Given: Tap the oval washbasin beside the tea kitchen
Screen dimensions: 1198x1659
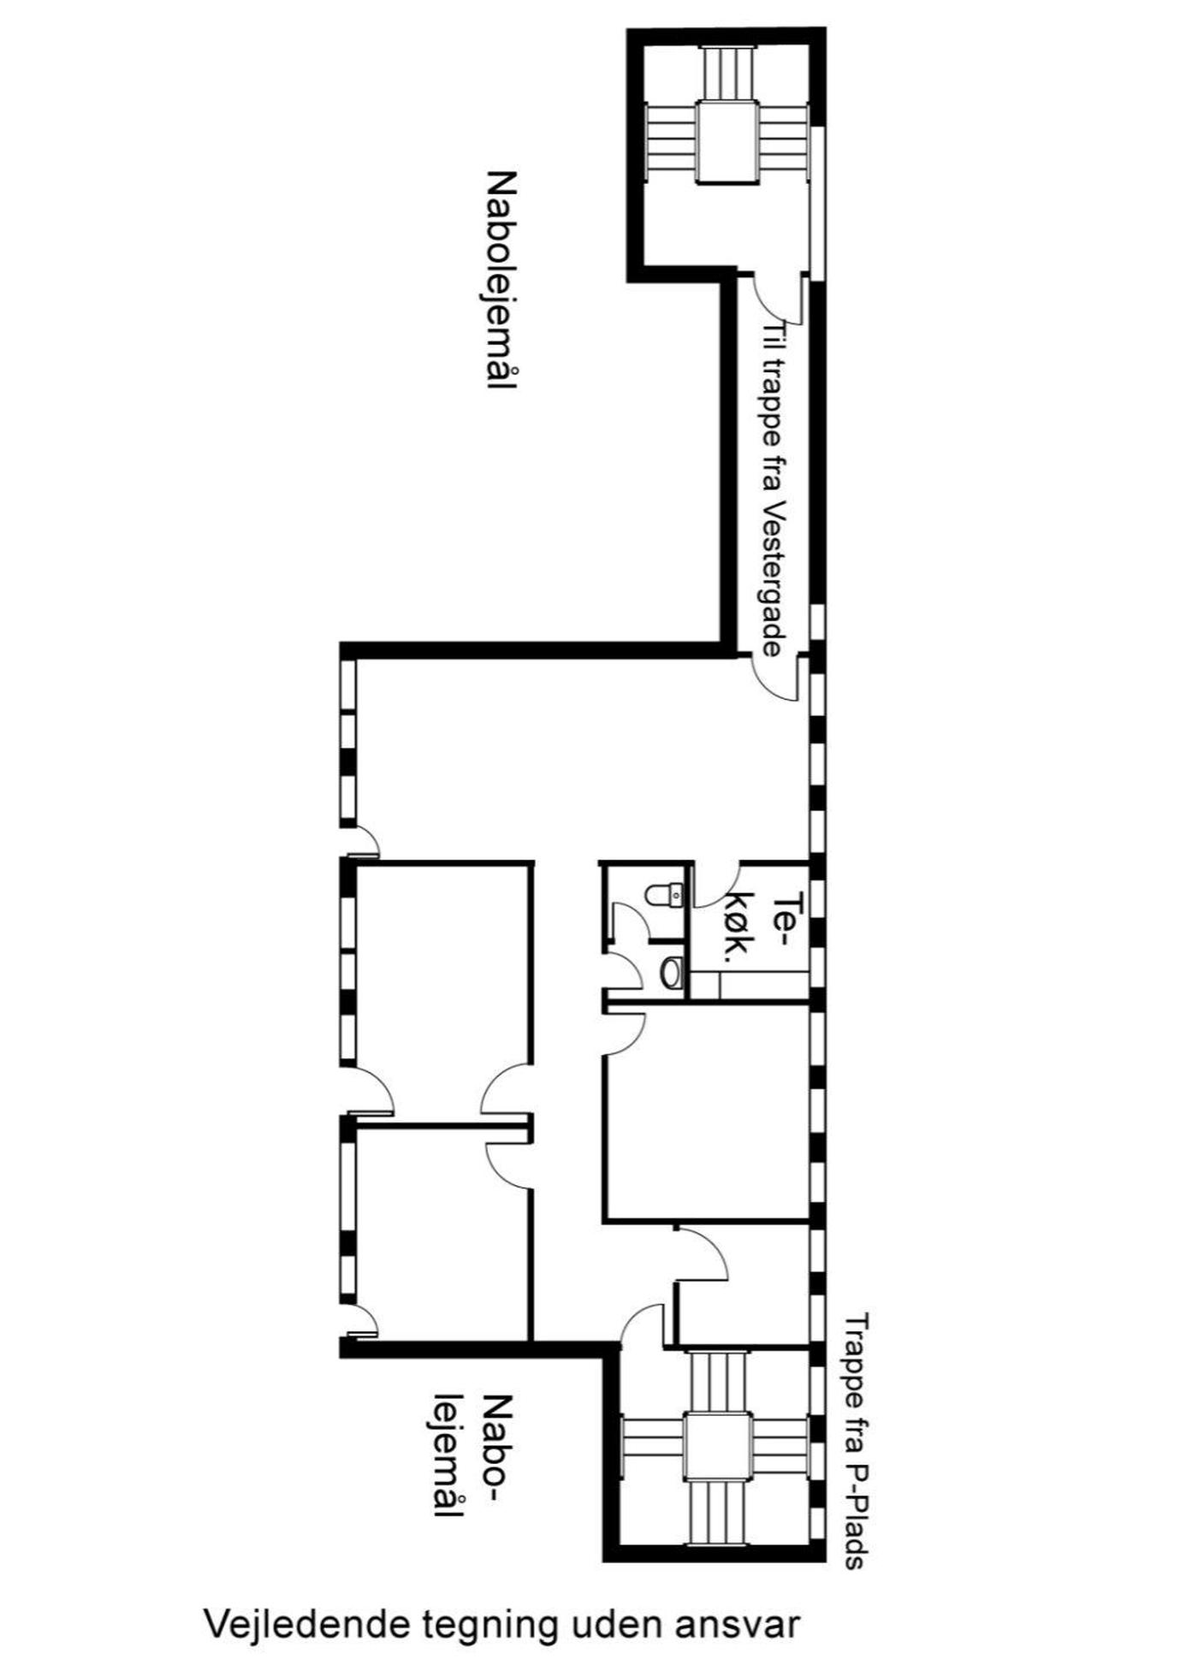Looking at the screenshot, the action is (x=672, y=972).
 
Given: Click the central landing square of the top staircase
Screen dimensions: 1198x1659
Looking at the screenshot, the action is (x=727, y=141).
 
